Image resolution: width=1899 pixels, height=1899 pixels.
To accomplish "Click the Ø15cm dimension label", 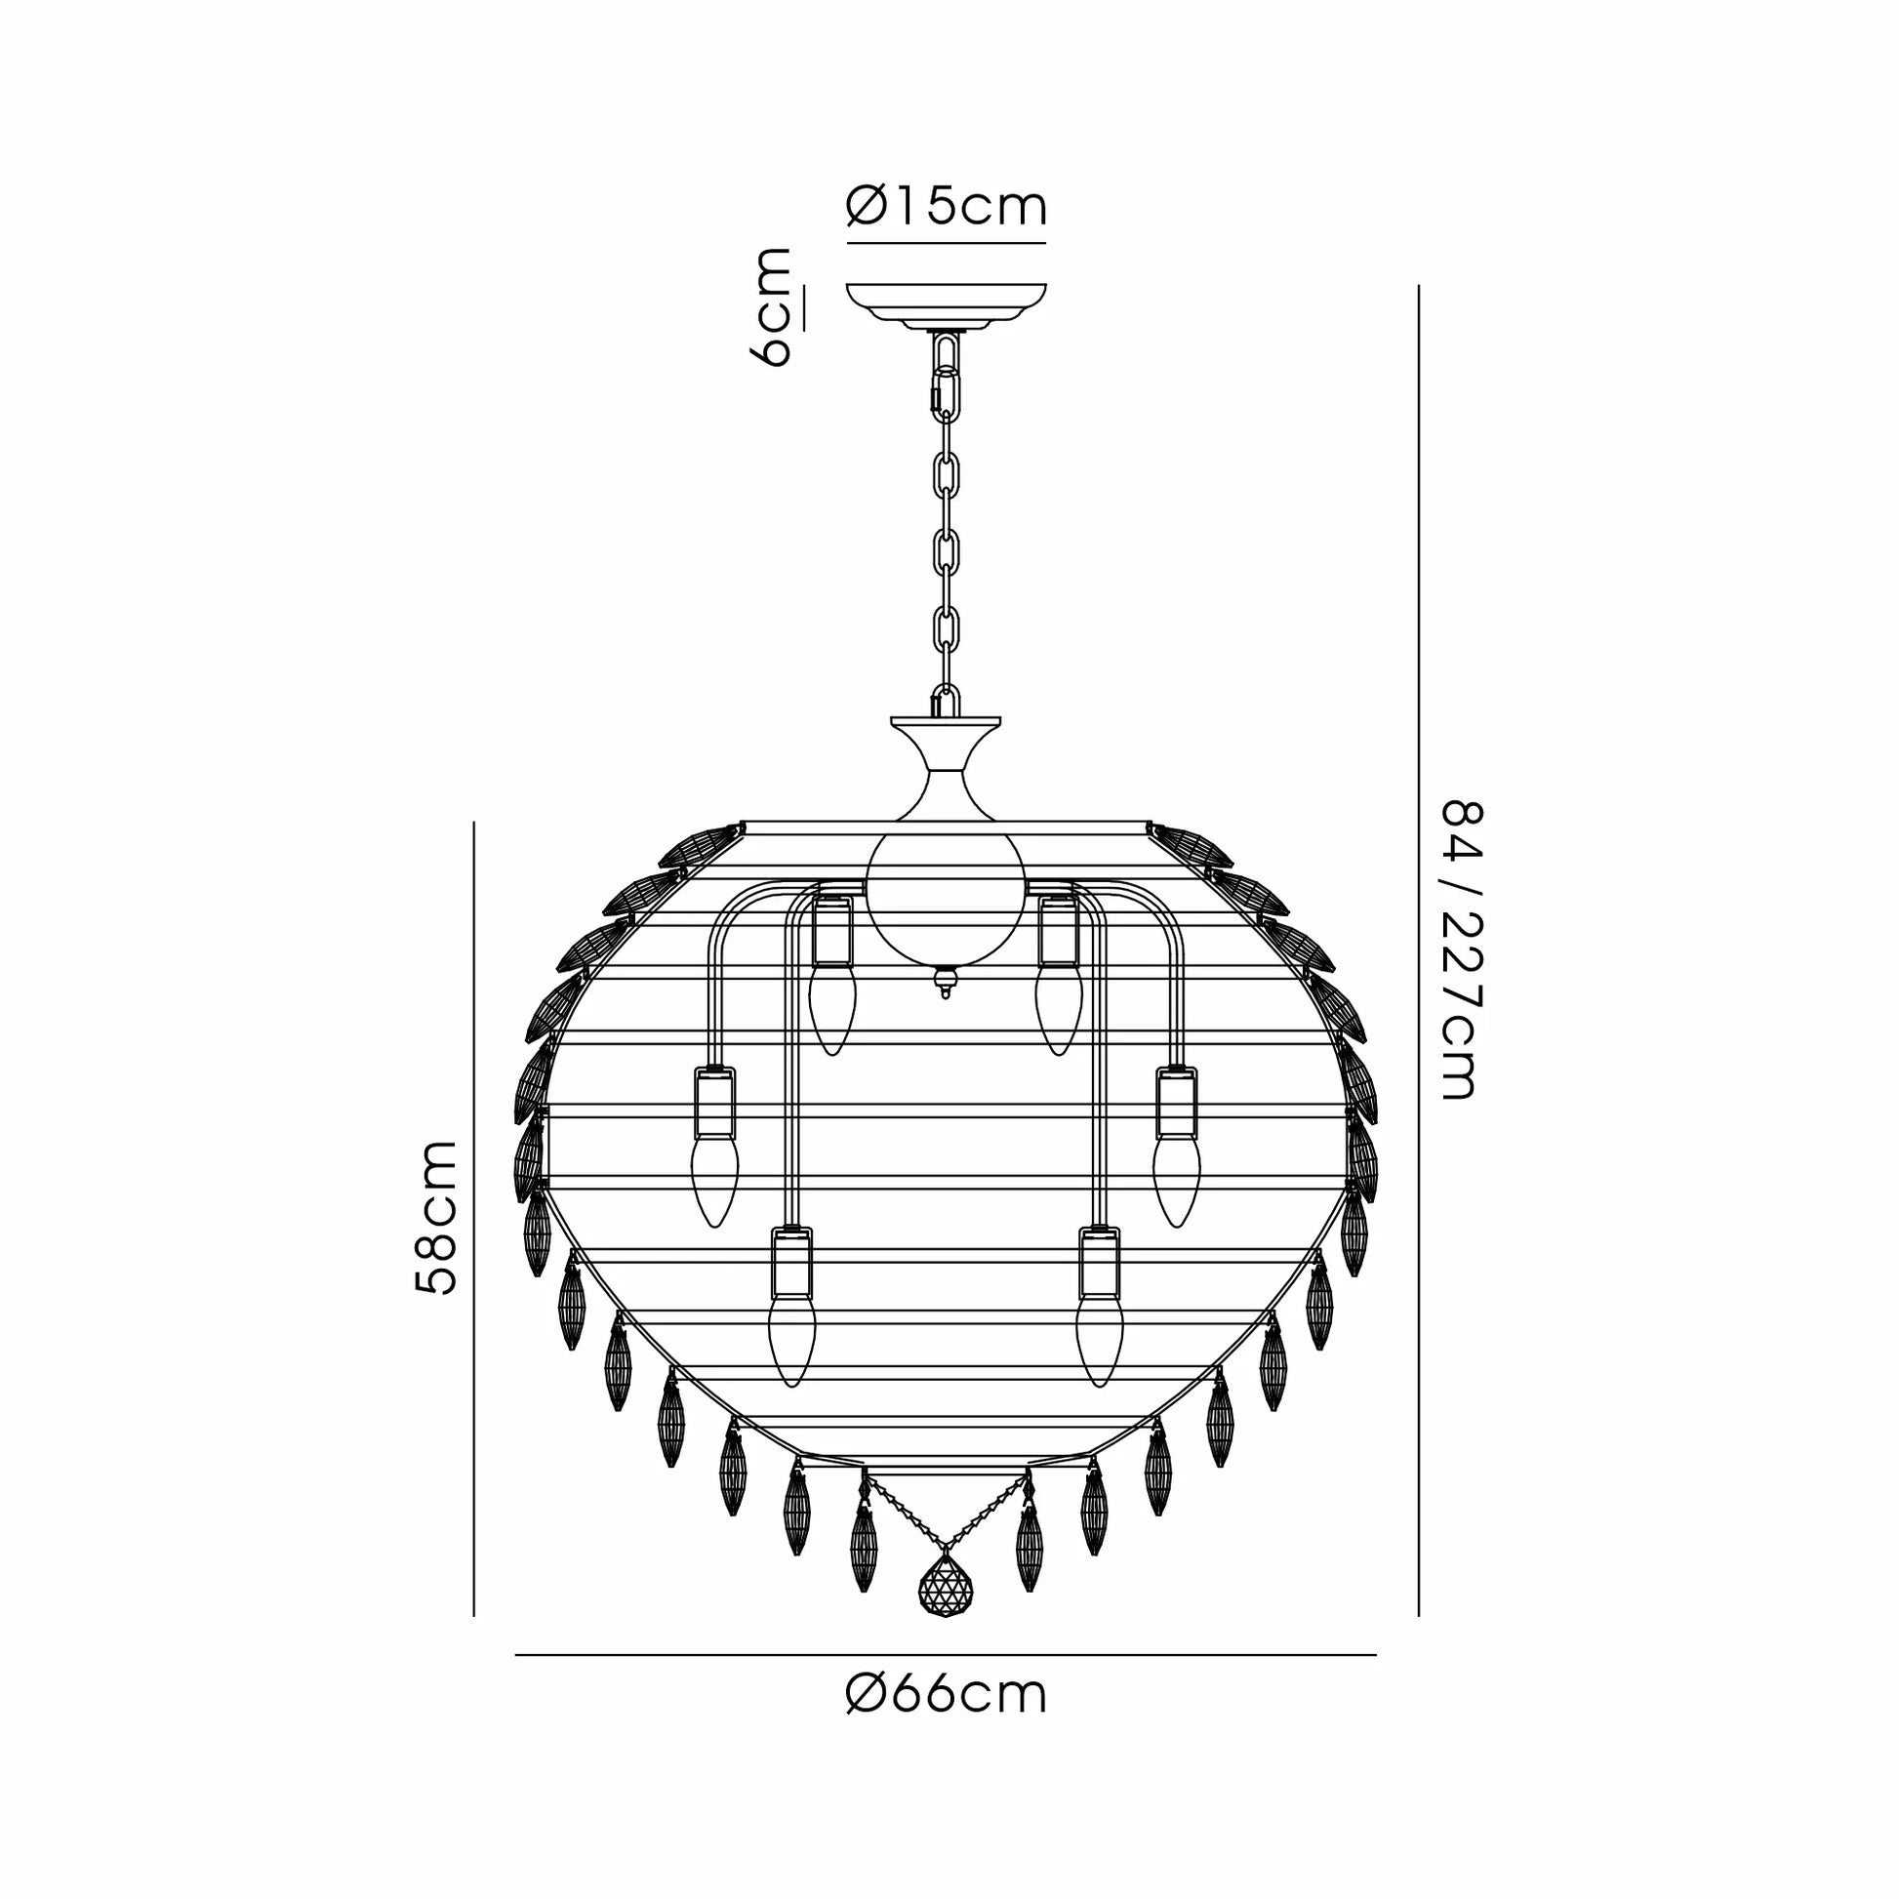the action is click(x=947, y=207).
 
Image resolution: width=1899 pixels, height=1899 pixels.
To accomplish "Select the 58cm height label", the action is click(x=435, y=1218).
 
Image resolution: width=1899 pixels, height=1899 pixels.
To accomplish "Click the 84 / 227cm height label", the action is click(x=1460, y=950).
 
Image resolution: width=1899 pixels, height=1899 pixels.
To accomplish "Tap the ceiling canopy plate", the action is click(x=947, y=306).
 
